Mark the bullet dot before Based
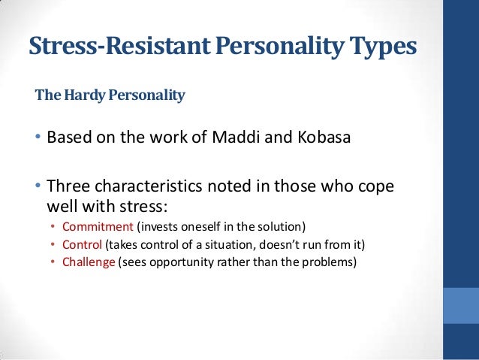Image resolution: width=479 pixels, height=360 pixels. pos(38,139)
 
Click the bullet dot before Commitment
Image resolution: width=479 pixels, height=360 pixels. pos(53,227)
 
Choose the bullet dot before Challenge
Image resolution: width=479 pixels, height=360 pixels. pos(53,263)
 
